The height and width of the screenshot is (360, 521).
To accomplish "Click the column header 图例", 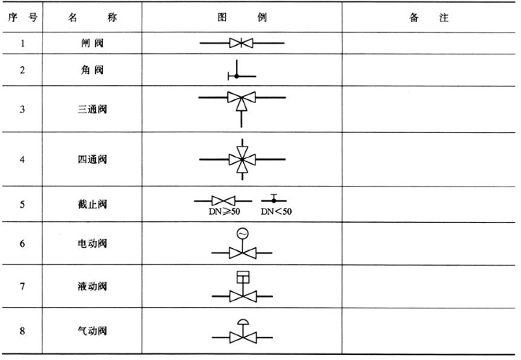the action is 242,17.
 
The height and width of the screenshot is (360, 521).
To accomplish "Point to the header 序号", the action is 22,17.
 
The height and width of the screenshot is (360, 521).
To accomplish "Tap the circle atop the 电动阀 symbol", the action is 242,233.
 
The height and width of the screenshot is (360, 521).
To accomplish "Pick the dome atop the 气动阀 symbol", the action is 242,322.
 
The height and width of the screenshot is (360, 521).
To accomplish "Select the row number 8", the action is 22,331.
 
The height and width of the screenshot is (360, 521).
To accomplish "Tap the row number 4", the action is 22,158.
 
